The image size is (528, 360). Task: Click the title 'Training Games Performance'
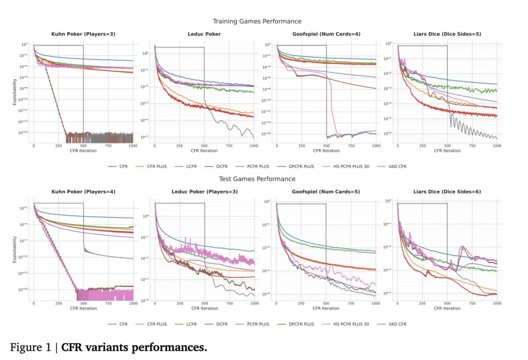click(257, 22)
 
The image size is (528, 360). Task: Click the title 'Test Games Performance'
click(257, 179)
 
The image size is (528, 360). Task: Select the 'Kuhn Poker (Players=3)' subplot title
click(83, 34)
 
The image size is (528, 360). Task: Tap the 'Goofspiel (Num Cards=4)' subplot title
click(326, 34)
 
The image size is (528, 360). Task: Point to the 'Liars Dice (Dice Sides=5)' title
click(447, 34)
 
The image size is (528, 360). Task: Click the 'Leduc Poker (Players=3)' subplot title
click(205, 192)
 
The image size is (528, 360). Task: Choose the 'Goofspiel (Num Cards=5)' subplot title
click(326, 192)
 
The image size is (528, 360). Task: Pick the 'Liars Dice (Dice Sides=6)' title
click(447, 192)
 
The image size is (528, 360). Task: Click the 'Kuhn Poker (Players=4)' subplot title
click(83, 192)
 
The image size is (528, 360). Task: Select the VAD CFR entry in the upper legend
click(396, 166)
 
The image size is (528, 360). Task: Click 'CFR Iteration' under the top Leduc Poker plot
click(205, 151)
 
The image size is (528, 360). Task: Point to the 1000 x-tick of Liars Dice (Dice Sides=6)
click(497, 303)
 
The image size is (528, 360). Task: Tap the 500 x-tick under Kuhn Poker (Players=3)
click(83, 146)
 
